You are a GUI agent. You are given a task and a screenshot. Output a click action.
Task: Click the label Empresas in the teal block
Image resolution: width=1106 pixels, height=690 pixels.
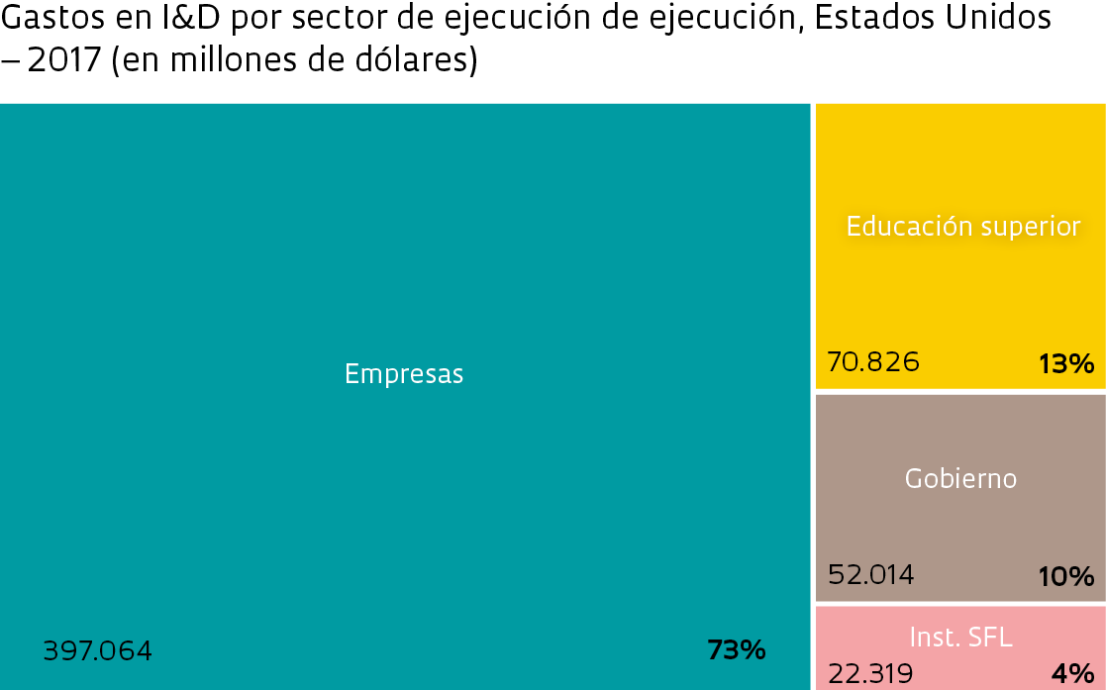[404, 374]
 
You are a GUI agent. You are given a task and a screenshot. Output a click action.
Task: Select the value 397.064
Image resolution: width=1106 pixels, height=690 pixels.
[98, 651]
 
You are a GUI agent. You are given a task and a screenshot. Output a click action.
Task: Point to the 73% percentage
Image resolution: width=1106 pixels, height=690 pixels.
[737, 650]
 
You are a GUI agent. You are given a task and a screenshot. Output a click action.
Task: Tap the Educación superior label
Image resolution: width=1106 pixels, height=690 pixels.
[962, 227]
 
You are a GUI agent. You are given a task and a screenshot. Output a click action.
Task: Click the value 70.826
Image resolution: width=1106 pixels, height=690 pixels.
[873, 362]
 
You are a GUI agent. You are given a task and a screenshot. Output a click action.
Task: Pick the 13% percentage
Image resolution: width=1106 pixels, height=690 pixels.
[1066, 364]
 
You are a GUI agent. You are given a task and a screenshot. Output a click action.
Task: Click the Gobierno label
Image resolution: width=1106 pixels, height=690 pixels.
[960, 479]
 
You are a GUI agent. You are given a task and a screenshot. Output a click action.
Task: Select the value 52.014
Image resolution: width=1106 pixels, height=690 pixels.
[871, 575]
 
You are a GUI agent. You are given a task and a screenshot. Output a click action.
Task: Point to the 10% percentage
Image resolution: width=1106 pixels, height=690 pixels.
[1066, 576]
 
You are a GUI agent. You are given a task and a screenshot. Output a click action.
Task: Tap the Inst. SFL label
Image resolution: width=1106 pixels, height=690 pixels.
[960, 638]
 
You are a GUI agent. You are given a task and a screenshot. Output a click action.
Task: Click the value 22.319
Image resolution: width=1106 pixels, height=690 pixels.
[870, 674]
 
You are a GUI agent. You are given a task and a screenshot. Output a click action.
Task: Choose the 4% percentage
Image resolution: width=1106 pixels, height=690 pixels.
[1072, 674]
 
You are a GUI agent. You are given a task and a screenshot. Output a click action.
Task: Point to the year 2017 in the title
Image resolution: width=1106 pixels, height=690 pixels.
[64, 60]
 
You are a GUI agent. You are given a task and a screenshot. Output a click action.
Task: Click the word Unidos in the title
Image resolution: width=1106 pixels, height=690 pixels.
[1003, 19]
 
